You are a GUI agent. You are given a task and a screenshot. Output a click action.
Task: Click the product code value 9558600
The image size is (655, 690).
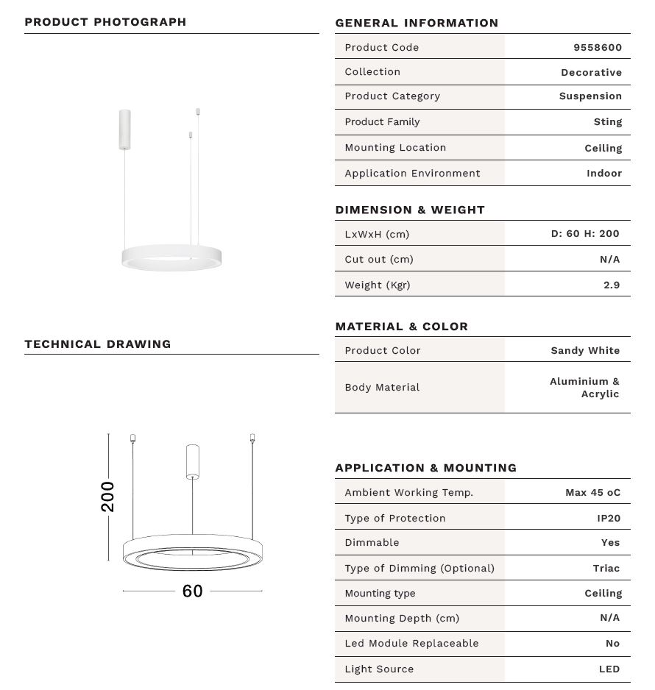[x=597, y=47]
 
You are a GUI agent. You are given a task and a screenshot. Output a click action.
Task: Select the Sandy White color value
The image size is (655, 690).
[x=585, y=350]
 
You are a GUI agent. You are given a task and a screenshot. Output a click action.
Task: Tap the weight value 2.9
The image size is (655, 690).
[x=611, y=285]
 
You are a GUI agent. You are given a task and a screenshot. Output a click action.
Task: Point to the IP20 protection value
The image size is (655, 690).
[x=609, y=518]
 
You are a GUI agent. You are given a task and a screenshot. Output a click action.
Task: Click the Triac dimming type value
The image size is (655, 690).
[x=606, y=568]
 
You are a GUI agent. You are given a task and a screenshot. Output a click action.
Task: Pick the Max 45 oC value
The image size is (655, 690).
[x=592, y=492]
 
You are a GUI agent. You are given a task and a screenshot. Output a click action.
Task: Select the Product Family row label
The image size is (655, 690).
[x=382, y=121]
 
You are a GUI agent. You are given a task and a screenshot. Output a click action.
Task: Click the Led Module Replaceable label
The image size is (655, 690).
[x=411, y=643]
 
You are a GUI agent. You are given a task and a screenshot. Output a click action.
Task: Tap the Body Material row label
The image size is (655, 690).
[x=382, y=387]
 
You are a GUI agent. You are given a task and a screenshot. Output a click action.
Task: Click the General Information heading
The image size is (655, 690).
[x=417, y=23]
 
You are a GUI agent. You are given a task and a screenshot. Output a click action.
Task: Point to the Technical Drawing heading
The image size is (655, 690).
[x=97, y=344]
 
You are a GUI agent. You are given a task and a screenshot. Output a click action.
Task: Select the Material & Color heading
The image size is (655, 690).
[x=401, y=326]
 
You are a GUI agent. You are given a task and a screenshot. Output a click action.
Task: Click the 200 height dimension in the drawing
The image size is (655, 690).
[x=108, y=497]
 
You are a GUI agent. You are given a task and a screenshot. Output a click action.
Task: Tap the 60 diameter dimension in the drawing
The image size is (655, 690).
[x=192, y=591]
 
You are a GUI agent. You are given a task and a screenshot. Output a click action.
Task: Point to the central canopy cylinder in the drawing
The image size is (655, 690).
[x=192, y=460]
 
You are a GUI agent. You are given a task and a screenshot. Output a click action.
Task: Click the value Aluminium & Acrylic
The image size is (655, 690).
[x=585, y=388]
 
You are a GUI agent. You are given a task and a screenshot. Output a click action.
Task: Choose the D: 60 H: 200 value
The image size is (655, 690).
[x=585, y=233]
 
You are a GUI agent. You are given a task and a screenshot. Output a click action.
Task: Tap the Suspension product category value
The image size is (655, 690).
[x=590, y=96]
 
